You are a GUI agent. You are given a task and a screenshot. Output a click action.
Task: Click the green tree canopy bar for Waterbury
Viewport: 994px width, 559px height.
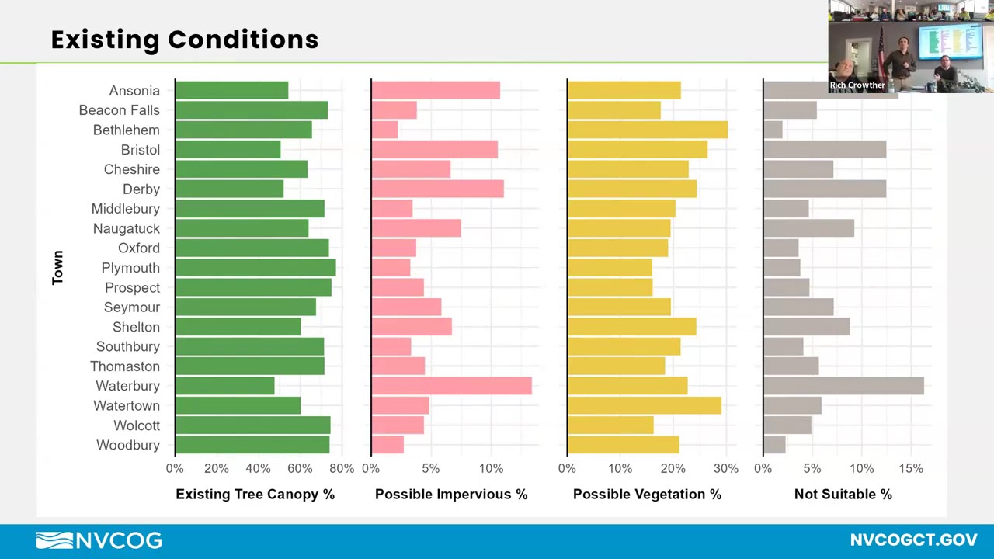tap(224, 386)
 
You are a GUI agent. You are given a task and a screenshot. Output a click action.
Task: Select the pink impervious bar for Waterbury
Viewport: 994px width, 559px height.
tap(451, 386)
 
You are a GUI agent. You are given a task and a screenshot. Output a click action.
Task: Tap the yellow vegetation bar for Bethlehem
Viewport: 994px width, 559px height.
tap(647, 130)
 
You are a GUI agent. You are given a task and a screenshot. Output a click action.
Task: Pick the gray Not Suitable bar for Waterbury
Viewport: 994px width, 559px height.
tap(843, 386)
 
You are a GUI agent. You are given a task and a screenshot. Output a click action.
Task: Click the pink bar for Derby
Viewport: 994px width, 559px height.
tap(437, 189)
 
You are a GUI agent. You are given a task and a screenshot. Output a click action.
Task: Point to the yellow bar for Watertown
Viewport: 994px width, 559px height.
tap(644, 405)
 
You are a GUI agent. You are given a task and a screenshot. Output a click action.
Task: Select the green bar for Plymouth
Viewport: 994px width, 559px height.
tap(255, 268)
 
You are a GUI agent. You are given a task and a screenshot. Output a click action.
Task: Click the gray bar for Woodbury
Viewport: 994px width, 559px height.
tap(774, 445)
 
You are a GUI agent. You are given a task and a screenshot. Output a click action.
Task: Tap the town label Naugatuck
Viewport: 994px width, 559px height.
tap(126, 228)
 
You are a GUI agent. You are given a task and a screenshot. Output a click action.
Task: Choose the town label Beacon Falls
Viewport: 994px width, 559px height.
tap(119, 110)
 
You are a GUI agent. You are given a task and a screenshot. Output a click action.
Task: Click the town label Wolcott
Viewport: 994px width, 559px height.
tap(137, 425)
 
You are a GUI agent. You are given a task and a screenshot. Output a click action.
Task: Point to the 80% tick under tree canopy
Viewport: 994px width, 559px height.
tap(342, 468)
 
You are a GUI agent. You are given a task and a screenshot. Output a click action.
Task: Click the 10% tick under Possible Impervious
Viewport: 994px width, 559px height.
tap(491, 468)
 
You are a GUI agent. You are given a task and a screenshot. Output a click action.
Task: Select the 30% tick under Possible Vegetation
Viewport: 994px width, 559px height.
tap(726, 468)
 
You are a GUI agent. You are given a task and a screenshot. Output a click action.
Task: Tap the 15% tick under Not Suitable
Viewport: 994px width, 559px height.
tap(911, 468)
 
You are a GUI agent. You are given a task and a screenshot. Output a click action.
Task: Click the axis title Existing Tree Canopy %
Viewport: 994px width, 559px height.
tap(255, 494)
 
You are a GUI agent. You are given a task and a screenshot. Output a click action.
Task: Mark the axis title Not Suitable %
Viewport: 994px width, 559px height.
tap(843, 494)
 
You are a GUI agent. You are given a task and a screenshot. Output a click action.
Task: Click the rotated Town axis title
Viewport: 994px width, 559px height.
tap(57, 267)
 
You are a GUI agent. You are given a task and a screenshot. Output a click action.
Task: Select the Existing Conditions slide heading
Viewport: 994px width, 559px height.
tap(185, 40)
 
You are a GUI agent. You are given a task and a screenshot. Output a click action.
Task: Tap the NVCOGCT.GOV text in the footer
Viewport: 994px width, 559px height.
tap(913, 540)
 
